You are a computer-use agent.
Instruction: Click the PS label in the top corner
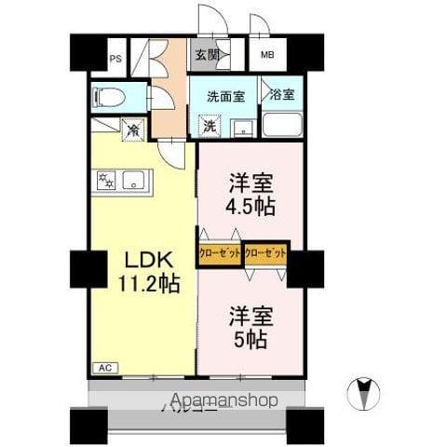coord(116,59)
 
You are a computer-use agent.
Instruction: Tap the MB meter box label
coord(267,56)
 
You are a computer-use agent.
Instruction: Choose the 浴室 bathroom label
coord(280,95)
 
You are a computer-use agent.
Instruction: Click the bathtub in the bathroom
coord(282,124)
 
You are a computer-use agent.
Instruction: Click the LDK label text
coord(137,260)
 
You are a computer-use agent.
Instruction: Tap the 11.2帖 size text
coord(143,281)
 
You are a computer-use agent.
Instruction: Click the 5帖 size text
coord(250,340)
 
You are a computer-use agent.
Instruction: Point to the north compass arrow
coord(364,391)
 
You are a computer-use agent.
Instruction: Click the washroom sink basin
coord(244,128)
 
